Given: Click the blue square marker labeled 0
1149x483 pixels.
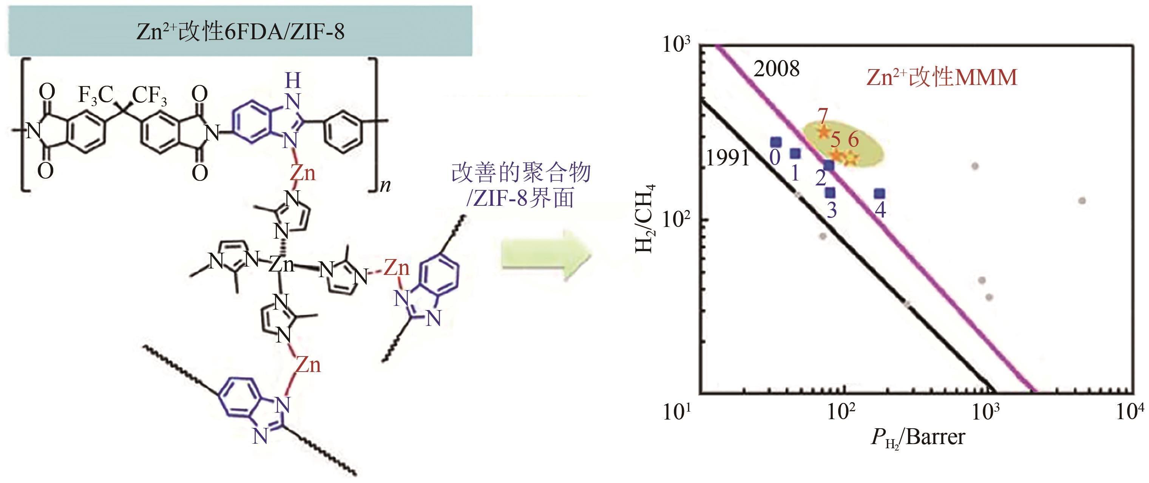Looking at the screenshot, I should click(776, 143).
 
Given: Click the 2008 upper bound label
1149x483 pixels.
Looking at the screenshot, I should click(777, 69).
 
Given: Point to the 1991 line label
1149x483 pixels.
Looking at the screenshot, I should click(727, 158).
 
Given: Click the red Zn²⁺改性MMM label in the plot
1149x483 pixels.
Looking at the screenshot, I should click(942, 77).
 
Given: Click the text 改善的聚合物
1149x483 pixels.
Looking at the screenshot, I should click(520, 173).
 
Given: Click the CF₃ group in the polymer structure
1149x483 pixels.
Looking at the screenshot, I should click(150, 96).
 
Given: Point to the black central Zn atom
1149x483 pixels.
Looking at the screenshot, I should click(281, 264).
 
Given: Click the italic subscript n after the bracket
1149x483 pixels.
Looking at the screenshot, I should click(385, 185).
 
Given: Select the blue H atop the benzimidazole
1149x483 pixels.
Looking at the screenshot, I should click(293, 81).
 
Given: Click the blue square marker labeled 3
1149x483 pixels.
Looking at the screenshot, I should click(829, 193).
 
